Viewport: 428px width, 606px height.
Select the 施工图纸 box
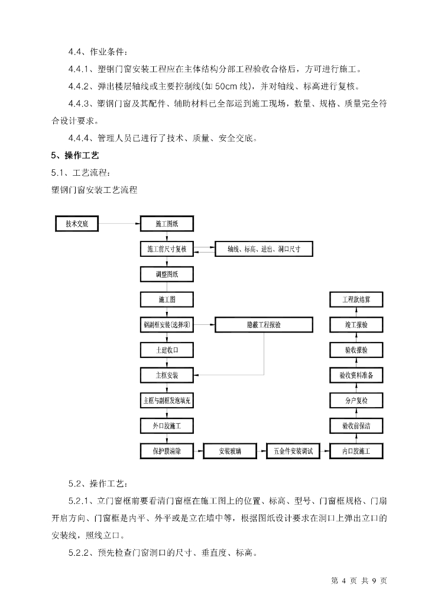click(x=167, y=224)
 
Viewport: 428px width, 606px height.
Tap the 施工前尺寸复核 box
click(x=167, y=249)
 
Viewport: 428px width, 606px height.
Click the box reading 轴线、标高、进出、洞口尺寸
click(x=263, y=249)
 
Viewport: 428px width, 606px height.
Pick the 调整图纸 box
click(x=167, y=275)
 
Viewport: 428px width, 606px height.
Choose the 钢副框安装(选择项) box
click(x=167, y=325)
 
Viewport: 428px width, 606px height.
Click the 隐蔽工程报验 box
click(x=263, y=325)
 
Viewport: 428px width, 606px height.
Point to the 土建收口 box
click(x=167, y=350)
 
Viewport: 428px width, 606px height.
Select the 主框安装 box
click(x=167, y=375)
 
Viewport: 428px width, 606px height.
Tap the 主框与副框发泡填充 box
click(x=167, y=401)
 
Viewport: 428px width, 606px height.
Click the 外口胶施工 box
click(x=167, y=426)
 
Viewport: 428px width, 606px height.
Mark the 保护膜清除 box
click(x=167, y=451)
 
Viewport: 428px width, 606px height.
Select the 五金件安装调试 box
click(x=293, y=451)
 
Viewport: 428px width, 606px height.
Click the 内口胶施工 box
click(x=356, y=451)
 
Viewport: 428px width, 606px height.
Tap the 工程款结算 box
click(x=356, y=299)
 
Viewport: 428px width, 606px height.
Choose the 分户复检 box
click(x=356, y=401)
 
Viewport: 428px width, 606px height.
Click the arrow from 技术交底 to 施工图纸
click(x=121, y=224)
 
